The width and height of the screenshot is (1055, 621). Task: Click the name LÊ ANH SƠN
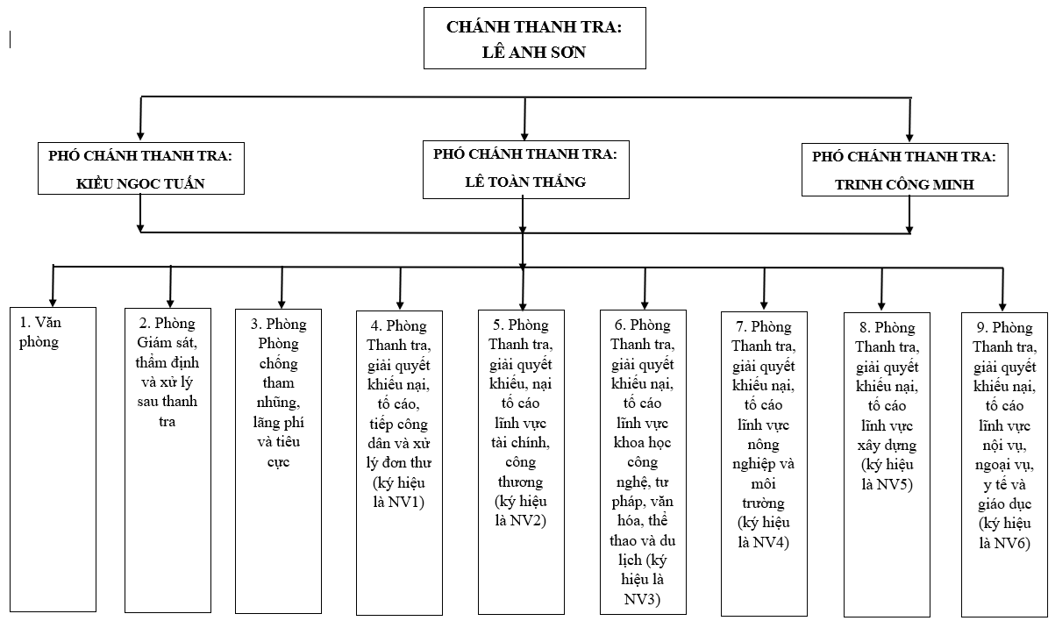pos(534,52)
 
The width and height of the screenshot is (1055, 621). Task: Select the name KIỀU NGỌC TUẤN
pos(140,183)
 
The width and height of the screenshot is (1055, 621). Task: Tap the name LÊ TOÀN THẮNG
pos(525,182)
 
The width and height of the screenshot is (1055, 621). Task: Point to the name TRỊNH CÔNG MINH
pos(905,185)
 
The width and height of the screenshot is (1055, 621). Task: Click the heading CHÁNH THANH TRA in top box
pos(533,26)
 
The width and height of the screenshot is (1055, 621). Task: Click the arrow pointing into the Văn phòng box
pos(53,294)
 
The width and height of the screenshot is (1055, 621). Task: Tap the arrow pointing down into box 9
pos(1004,298)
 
